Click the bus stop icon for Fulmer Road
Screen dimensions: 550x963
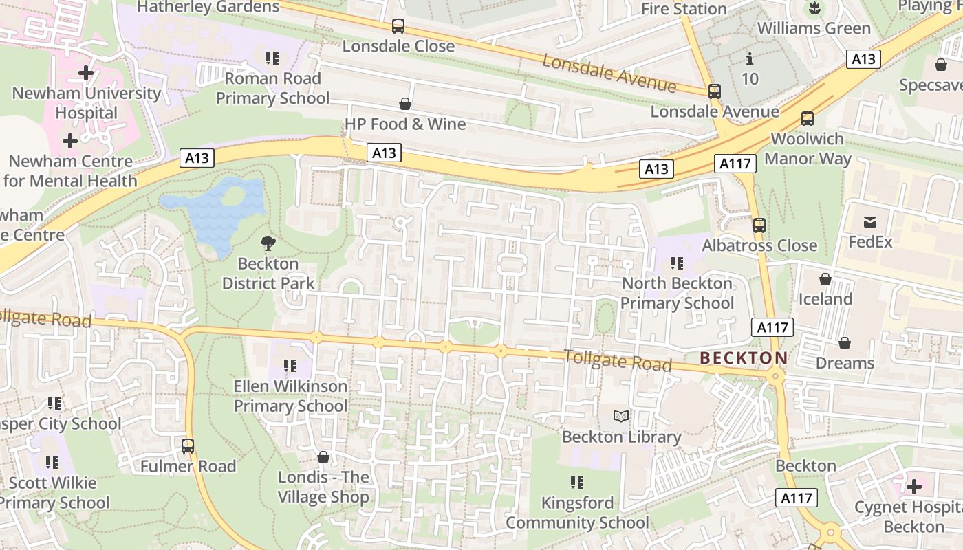coord(188,445)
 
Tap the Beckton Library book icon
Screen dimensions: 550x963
coord(621,416)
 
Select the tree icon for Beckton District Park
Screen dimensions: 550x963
coord(268,243)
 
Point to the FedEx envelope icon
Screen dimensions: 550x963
coord(870,221)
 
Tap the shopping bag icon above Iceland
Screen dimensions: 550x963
coord(825,279)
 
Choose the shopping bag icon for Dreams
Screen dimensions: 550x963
coord(845,342)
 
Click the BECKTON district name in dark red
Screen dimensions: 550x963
coord(744,358)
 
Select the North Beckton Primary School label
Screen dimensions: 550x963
coord(677,294)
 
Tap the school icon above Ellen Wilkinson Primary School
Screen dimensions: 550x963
coord(290,366)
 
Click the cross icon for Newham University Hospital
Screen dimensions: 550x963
coord(86,72)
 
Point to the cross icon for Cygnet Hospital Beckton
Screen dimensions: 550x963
coord(913,487)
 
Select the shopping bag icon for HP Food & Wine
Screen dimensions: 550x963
coord(405,104)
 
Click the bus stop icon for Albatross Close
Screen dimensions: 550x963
coord(759,225)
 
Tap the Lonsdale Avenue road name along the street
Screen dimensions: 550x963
coord(609,72)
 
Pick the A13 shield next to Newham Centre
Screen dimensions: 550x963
coord(197,158)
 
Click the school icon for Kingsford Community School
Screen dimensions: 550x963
coord(577,483)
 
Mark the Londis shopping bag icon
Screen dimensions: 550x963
coord(323,457)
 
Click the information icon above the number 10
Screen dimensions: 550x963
coord(750,58)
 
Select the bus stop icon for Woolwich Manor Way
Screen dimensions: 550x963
coord(808,118)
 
